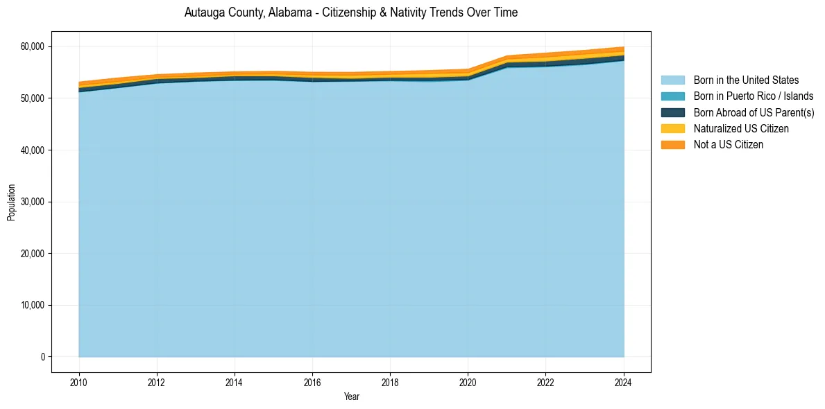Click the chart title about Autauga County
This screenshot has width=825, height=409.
pyautogui.click(x=351, y=12)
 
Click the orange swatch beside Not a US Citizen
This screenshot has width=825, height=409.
pyautogui.click(x=672, y=145)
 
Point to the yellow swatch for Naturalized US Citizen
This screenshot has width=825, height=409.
pyautogui.click(x=672, y=129)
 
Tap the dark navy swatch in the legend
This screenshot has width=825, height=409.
pyautogui.click(x=672, y=112)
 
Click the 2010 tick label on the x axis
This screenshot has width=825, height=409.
pyautogui.click(x=79, y=381)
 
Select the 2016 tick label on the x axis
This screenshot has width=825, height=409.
pyautogui.click(x=312, y=381)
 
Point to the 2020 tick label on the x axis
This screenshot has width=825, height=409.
pyautogui.click(x=468, y=381)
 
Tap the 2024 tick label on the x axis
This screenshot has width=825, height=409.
pyautogui.click(x=623, y=381)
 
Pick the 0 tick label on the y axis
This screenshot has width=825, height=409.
pyautogui.click(x=43, y=357)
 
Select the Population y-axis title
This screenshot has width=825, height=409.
pyautogui.click(x=11, y=202)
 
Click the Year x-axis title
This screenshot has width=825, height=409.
pyautogui.click(x=351, y=397)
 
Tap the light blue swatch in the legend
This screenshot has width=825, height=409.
pyautogui.click(x=672, y=80)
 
